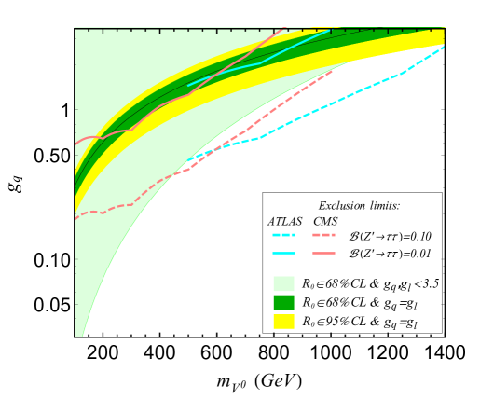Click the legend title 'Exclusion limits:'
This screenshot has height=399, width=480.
point(359,205)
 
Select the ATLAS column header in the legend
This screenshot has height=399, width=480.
point(285,221)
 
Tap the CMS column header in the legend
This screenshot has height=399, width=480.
point(325,221)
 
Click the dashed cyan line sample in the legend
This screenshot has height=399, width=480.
point(284,237)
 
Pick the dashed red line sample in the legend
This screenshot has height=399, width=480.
point(325,237)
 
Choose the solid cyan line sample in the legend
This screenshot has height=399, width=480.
point(284,254)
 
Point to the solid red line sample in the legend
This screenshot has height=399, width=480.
point(325,254)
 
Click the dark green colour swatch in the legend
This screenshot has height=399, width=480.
point(283,302)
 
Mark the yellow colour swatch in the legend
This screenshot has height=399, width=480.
point(283,322)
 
